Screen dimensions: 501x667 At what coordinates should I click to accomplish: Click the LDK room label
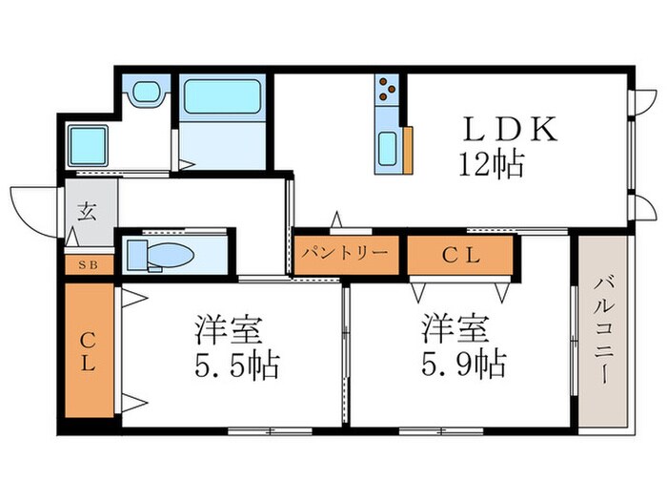(x=510, y=131)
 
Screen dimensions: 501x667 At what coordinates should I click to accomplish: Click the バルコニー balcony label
(x=602, y=329)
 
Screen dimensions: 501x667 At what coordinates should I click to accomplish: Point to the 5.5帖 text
(x=230, y=364)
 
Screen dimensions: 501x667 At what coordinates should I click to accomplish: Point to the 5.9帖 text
(x=458, y=364)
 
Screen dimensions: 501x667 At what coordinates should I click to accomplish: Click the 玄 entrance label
(x=87, y=213)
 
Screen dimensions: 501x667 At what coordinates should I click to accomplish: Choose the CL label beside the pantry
(x=461, y=255)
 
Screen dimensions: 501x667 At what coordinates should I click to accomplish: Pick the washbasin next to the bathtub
(x=145, y=93)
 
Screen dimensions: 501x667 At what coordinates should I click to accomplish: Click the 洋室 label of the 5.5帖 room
(x=229, y=330)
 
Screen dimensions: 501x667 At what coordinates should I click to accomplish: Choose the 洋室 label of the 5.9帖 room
(x=457, y=330)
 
